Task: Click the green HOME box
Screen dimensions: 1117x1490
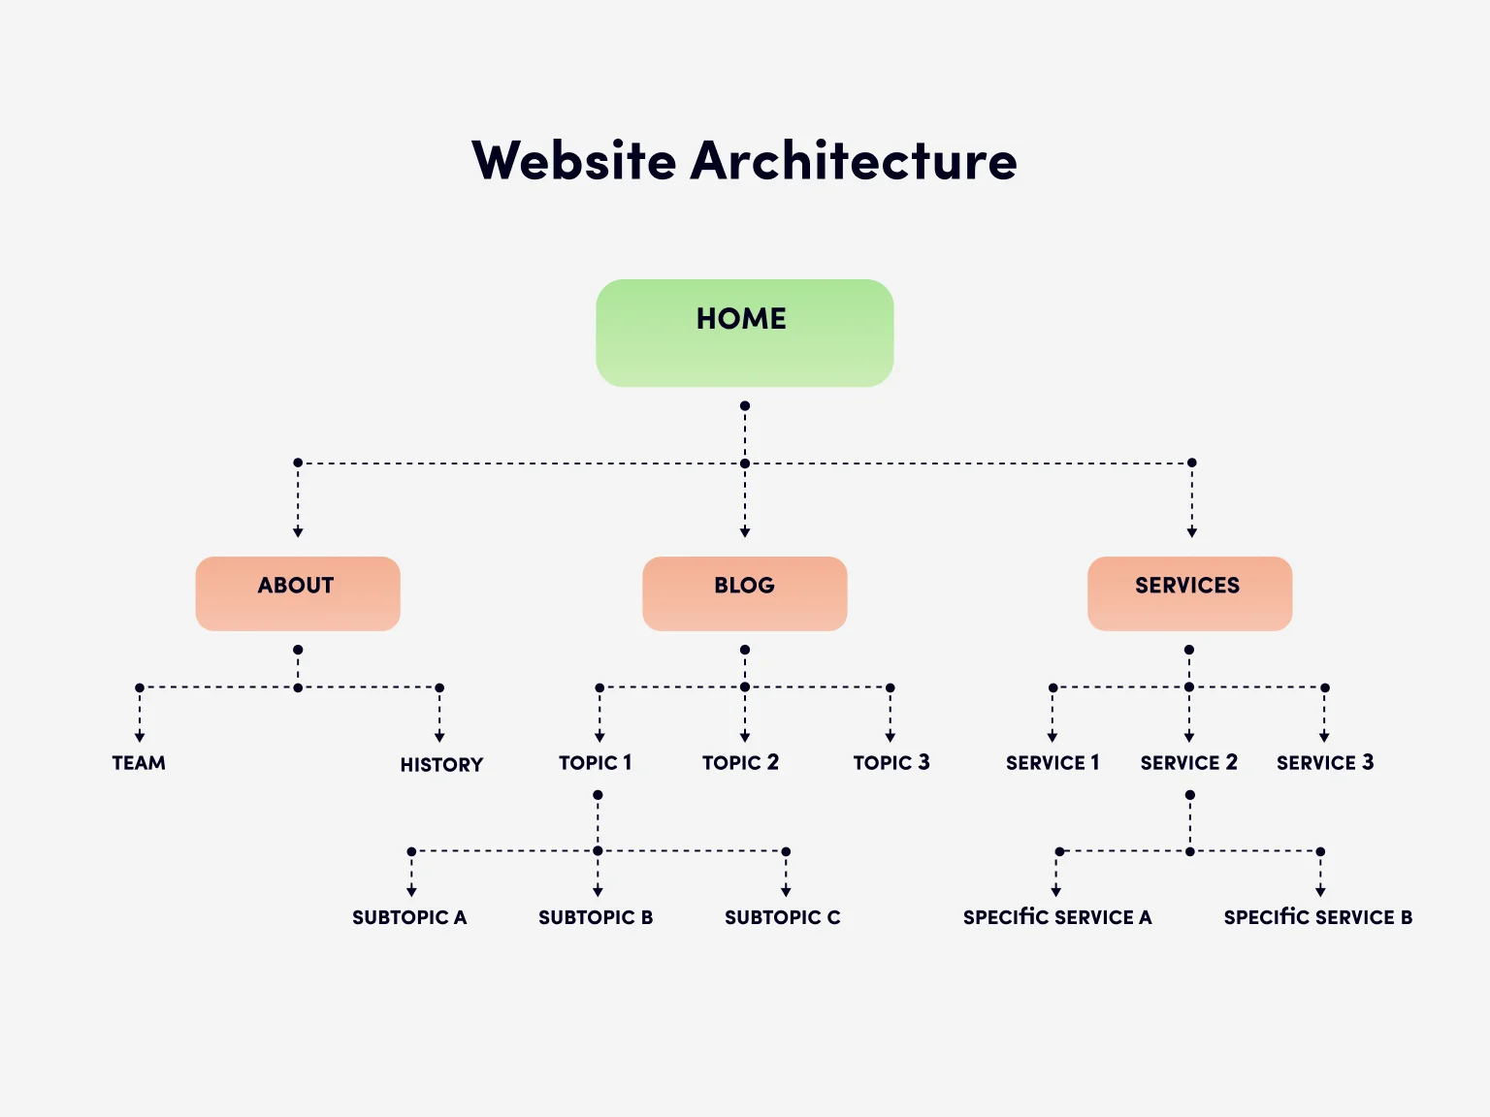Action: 744,333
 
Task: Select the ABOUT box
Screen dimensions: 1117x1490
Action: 298,593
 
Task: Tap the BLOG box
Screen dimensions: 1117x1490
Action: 744,593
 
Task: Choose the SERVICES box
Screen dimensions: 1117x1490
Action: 1189,593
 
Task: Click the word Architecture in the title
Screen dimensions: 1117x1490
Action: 854,161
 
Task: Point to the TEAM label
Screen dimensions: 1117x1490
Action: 139,763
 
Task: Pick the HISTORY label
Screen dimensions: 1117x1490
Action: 441,765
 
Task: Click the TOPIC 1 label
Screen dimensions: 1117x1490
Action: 595,763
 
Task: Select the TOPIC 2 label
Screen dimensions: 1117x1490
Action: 740,763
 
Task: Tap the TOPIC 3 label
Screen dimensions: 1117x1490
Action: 891,763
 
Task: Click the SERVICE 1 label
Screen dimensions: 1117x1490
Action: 1053,763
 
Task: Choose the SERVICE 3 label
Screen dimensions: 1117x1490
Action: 1325,763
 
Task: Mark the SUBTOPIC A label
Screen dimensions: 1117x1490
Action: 409,917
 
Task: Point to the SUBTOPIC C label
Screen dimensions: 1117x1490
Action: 782,917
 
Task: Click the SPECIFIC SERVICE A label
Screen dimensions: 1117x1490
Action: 1057,917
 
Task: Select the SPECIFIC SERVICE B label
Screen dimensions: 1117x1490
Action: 1317,917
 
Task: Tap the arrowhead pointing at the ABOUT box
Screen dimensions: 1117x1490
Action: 298,532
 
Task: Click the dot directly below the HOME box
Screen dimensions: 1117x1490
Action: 745,406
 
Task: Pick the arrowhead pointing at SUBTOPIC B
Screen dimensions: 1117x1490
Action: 598,891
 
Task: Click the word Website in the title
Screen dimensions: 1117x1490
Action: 573,161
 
